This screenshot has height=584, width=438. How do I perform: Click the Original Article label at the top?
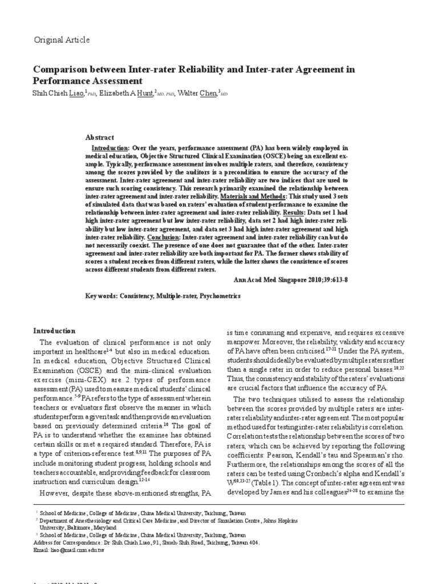pyautogui.click(x=62, y=40)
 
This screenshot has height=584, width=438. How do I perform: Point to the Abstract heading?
pyautogui.click(x=99, y=137)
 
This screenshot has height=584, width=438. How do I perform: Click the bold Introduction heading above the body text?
pyautogui.click(x=54, y=331)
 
